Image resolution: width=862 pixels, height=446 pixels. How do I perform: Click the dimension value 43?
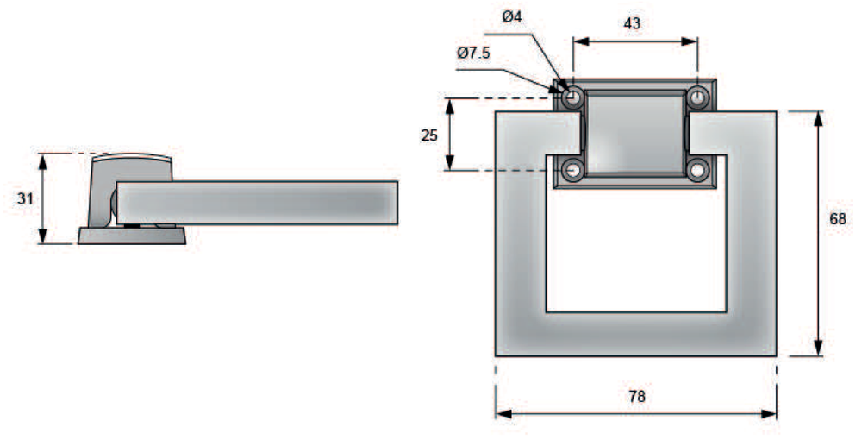[x=632, y=23]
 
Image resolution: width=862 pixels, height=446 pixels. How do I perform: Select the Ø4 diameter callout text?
[x=511, y=17]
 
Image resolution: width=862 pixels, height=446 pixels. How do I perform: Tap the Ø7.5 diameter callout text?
[x=473, y=53]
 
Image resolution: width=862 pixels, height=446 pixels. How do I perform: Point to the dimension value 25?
[x=429, y=135]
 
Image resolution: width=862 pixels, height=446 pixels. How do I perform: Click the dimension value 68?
[x=838, y=218]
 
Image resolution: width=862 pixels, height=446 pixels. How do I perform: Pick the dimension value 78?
[x=637, y=396]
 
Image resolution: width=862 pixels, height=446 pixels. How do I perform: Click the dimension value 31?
[x=25, y=198]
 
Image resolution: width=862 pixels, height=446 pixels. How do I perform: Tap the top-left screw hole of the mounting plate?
[x=573, y=97]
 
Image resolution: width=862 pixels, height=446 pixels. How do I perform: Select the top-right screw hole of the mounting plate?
[x=697, y=97]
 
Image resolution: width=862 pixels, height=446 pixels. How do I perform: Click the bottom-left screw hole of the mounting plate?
[x=573, y=170]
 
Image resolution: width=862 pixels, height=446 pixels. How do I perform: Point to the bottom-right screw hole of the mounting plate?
[x=697, y=170]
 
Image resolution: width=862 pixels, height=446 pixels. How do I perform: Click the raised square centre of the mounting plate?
[x=635, y=135]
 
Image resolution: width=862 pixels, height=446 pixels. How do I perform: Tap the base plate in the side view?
[x=132, y=236]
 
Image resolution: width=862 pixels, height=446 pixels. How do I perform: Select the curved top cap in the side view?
[x=132, y=158]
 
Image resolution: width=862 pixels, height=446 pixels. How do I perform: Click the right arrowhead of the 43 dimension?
[x=690, y=41]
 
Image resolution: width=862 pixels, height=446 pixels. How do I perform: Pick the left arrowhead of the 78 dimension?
[x=503, y=413]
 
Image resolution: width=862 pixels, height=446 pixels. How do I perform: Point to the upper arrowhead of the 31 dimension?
[x=43, y=161]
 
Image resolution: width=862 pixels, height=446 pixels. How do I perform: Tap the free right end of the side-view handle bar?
[x=397, y=203]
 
